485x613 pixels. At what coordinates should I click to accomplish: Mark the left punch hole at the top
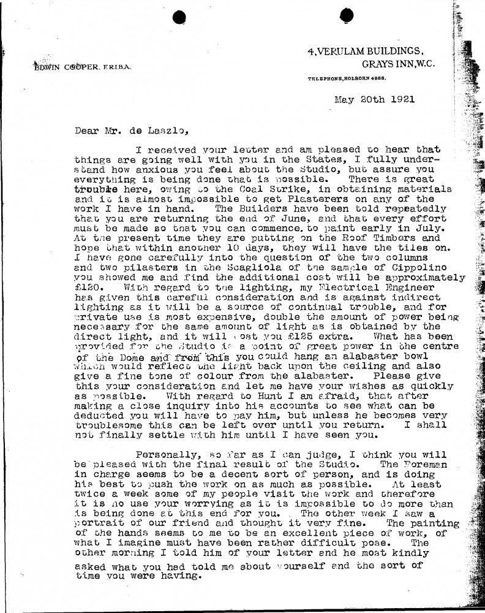[x=179, y=17]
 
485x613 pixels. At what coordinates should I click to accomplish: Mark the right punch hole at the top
[x=346, y=16]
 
